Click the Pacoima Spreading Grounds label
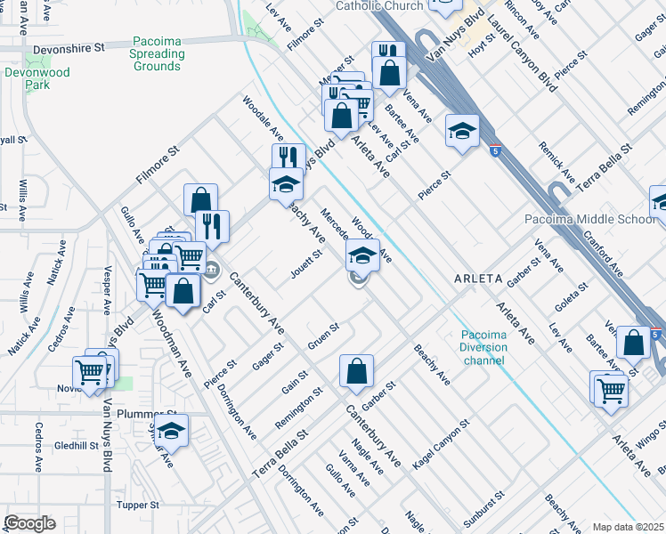[x=158, y=53]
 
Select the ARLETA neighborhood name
[x=478, y=278]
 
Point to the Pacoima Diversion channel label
[x=483, y=347]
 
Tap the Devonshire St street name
[x=68, y=51]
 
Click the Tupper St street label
[x=137, y=505]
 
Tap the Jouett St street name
[x=305, y=264]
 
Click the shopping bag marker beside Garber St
[x=356, y=372]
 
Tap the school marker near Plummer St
[x=172, y=432]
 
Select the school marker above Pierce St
[x=462, y=132]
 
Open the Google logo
[x=28, y=524]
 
